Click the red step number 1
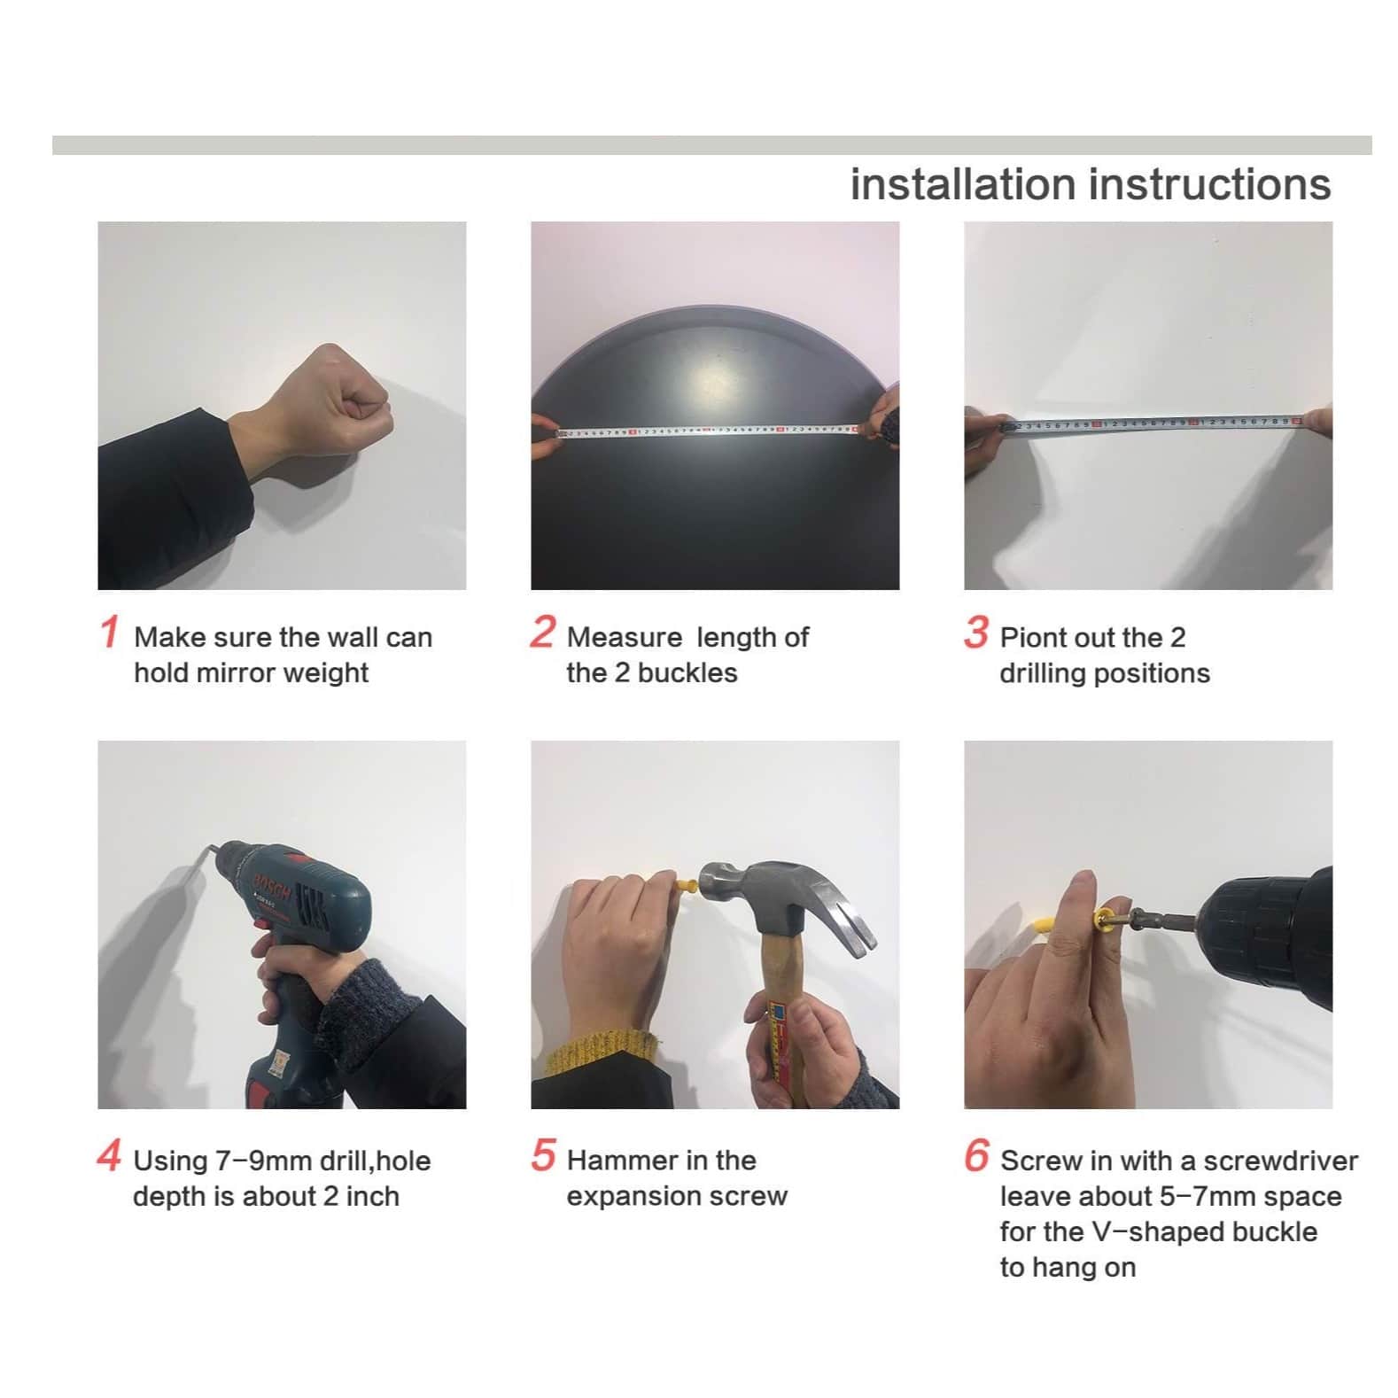[x=109, y=632]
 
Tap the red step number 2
[x=543, y=632]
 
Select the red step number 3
[x=976, y=632]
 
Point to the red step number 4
[x=109, y=1155]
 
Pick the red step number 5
[x=543, y=1155]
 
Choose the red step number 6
[x=976, y=1155]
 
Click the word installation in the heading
[x=963, y=184]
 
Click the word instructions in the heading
[x=1210, y=184]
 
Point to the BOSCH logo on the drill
[x=271, y=886]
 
